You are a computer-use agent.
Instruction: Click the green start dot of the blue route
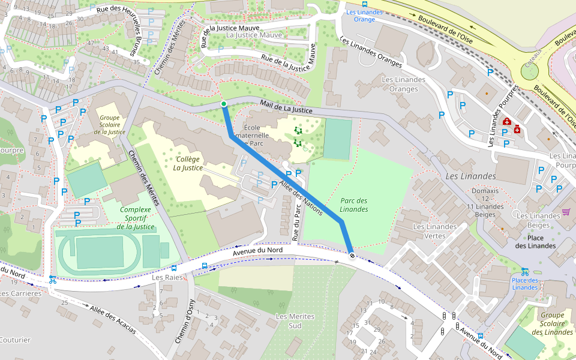[224, 104]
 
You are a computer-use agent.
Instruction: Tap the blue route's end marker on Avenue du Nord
[352, 256]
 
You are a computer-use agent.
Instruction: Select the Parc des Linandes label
[353, 205]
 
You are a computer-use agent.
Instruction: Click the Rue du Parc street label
[295, 222]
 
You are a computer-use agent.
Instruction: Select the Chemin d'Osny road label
[182, 321]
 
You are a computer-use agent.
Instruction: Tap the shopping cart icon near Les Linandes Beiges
[566, 212]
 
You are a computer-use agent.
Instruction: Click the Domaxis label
[485, 191]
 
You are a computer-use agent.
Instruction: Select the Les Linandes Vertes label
[434, 231]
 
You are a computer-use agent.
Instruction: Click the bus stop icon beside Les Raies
[205, 265]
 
